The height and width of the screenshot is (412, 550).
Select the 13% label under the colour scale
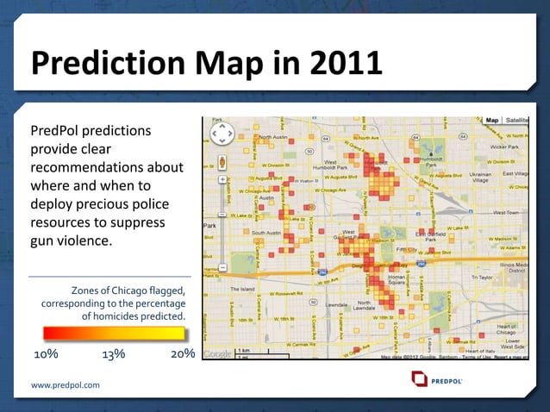point(113,354)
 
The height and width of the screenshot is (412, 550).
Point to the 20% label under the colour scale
point(182,354)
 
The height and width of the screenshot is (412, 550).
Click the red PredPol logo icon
point(420,379)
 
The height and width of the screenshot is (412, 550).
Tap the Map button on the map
point(491,121)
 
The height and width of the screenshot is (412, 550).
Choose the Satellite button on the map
point(516,121)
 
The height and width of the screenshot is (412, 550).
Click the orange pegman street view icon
point(222,161)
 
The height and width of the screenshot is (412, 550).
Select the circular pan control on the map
point(222,134)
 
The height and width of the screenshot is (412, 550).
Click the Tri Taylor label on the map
point(484,277)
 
